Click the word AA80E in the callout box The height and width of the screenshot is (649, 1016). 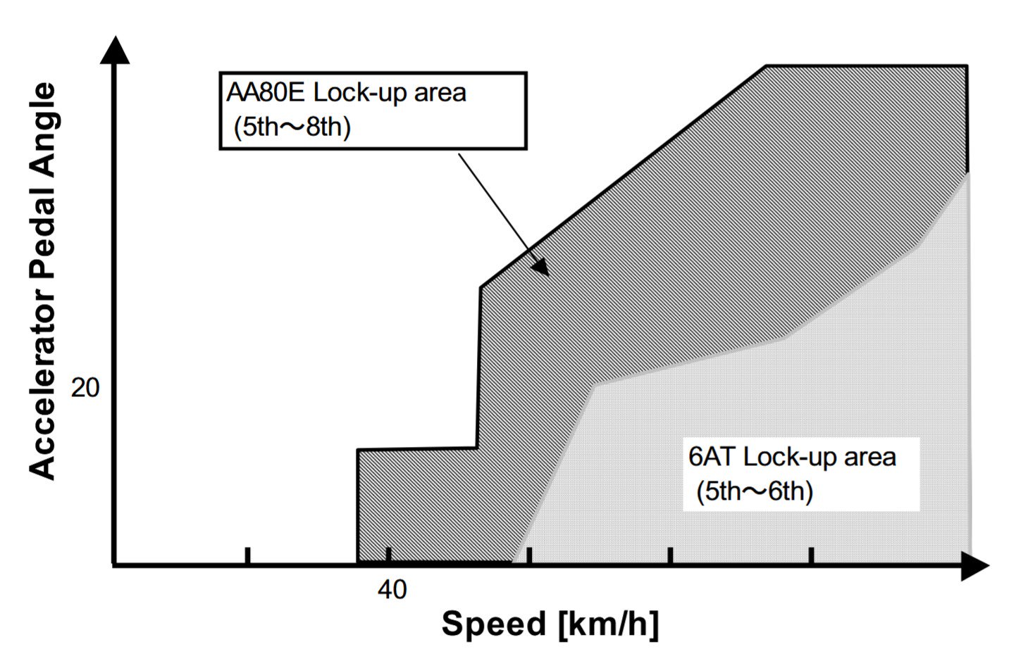(266, 93)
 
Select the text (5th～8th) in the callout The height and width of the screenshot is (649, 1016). (292, 127)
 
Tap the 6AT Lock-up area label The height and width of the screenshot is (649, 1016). (792, 457)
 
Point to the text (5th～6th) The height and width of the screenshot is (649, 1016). (755, 491)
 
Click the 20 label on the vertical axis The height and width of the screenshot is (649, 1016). (85, 387)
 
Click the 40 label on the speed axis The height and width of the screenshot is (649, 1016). (392, 589)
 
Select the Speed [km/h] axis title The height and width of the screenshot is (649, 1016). (550, 624)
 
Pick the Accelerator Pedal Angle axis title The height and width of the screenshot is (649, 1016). (42, 282)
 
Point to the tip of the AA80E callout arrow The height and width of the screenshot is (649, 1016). (546, 273)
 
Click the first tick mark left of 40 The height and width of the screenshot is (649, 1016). (248, 556)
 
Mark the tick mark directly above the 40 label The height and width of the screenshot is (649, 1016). (388, 556)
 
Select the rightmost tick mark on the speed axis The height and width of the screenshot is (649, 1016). (812, 556)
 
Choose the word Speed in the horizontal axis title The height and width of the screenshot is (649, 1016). (493, 624)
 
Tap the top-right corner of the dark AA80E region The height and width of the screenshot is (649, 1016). (966, 67)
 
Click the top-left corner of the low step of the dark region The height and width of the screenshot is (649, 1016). (358, 450)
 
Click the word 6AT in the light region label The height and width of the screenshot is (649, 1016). (712, 457)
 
